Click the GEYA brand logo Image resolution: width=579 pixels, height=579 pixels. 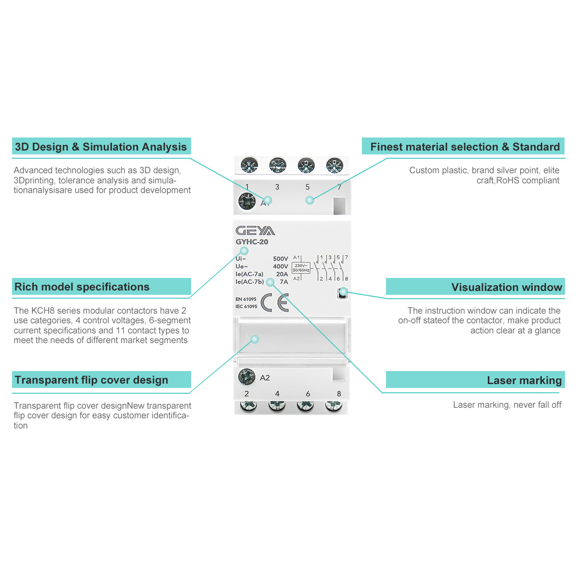255,231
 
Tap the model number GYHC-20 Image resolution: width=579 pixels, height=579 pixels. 252,242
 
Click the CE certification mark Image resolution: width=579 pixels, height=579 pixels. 275,303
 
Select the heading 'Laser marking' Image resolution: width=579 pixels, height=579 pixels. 524,380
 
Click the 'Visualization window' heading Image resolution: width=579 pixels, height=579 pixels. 507,287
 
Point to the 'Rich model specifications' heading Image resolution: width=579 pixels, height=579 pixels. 82,287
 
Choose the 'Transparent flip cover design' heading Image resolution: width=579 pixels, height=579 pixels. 92,380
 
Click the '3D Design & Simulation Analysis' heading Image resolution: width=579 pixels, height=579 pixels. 101,147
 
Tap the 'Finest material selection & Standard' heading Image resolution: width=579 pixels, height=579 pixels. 465,147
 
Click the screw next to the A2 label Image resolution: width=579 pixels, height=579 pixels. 247,377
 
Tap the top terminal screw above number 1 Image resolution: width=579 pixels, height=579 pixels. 249,165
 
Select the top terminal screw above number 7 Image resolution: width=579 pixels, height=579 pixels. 334,165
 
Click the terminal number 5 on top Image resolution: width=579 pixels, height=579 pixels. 307,187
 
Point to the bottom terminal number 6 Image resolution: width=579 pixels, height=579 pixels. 308,394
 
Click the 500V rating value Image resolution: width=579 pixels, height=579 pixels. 280,259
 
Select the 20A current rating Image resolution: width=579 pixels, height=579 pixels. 282,274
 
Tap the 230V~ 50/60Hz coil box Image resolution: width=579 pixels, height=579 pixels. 301,268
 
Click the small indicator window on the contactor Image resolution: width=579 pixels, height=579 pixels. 343,292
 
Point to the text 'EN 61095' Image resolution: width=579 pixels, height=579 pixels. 246,299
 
